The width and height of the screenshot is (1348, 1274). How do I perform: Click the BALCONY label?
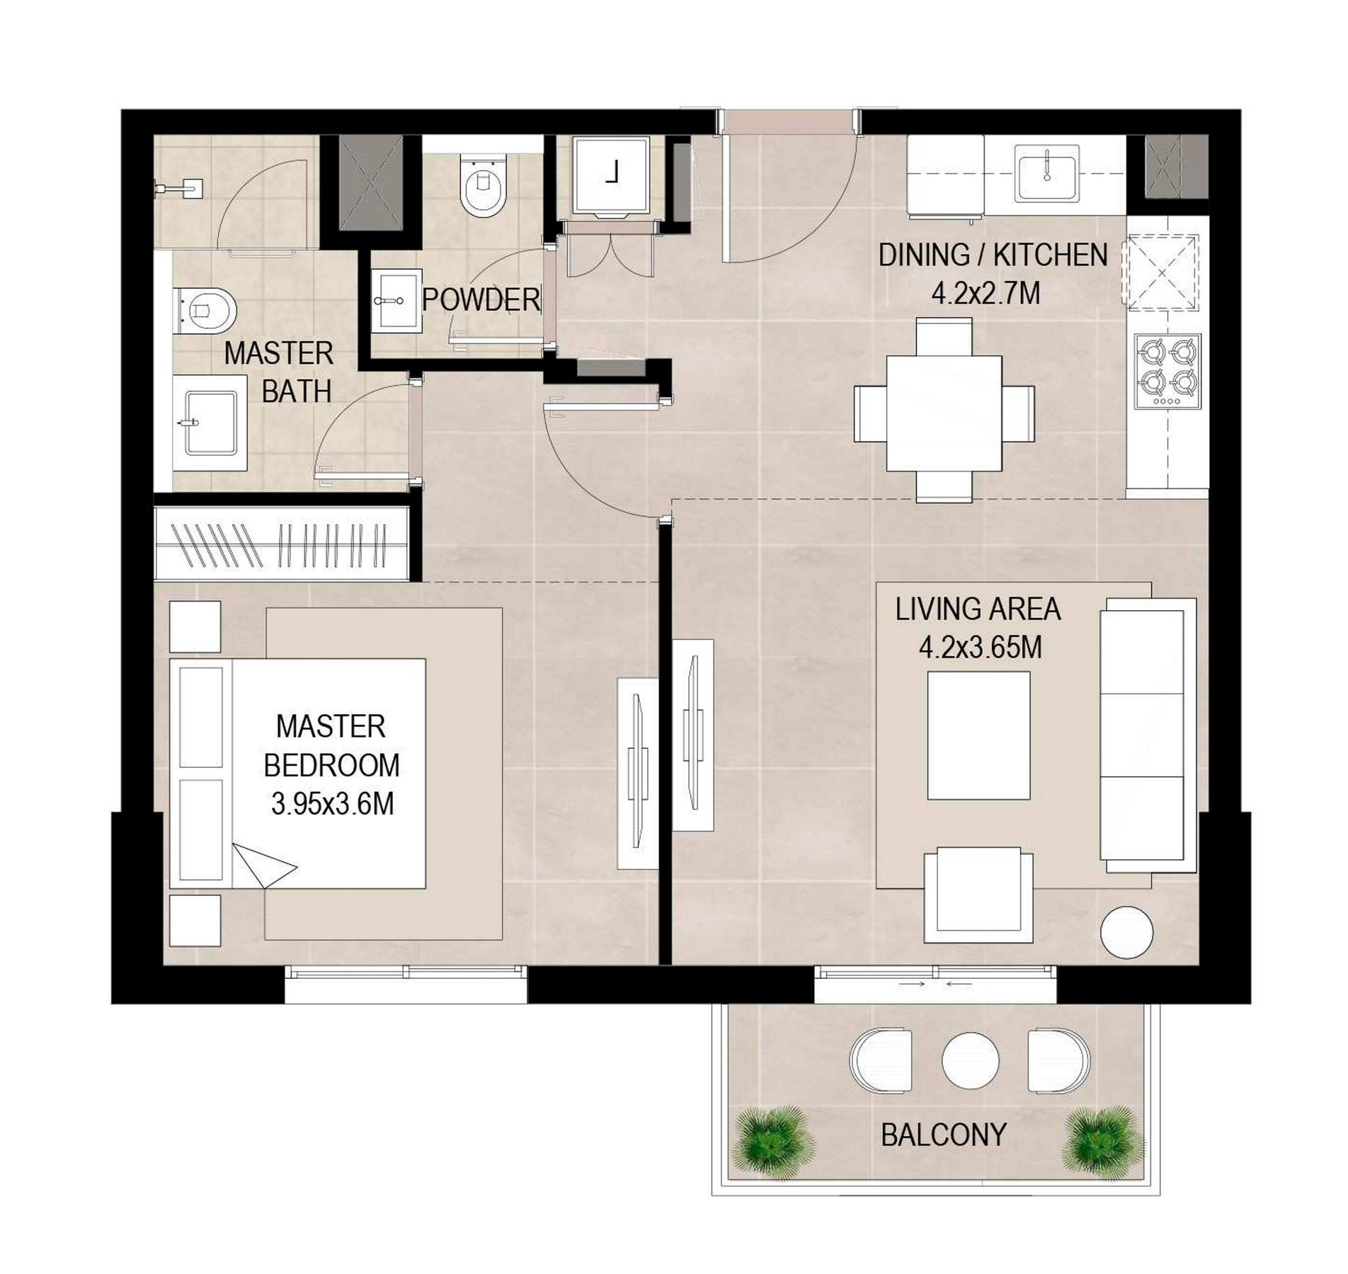pyautogui.click(x=943, y=1135)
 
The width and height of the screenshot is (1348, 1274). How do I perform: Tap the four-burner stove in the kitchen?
pyautogui.click(x=1167, y=372)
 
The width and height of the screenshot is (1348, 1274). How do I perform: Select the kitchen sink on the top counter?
pyautogui.click(x=1046, y=173)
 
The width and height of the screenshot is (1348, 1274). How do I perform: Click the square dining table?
pyautogui.click(x=944, y=413)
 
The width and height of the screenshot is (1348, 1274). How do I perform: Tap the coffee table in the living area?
pyautogui.click(x=978, y=735)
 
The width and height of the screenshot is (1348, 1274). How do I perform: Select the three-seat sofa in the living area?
pyautogui.click(x=1148, y=735)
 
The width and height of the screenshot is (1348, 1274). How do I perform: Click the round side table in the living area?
pyautogui.click(x=1127, y=933)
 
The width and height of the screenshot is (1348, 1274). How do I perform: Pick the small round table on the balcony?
pyautogui.click(x=971, y=1060)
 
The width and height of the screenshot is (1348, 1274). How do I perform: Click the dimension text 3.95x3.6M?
pyautogui.click(x=332, y=804)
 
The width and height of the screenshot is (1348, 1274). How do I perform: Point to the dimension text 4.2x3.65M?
pyautogui.click(x=980, y=647)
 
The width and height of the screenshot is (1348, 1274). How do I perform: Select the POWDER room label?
pyautogui.click(x=481, y=299)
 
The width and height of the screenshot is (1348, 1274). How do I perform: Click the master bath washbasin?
pyautogui.click(x=210, y=423)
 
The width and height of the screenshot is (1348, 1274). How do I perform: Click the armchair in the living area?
pyautogui.click(x=978, y=895)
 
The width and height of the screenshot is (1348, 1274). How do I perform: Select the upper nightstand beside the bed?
pyautogui.click(x=195, y=626)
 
